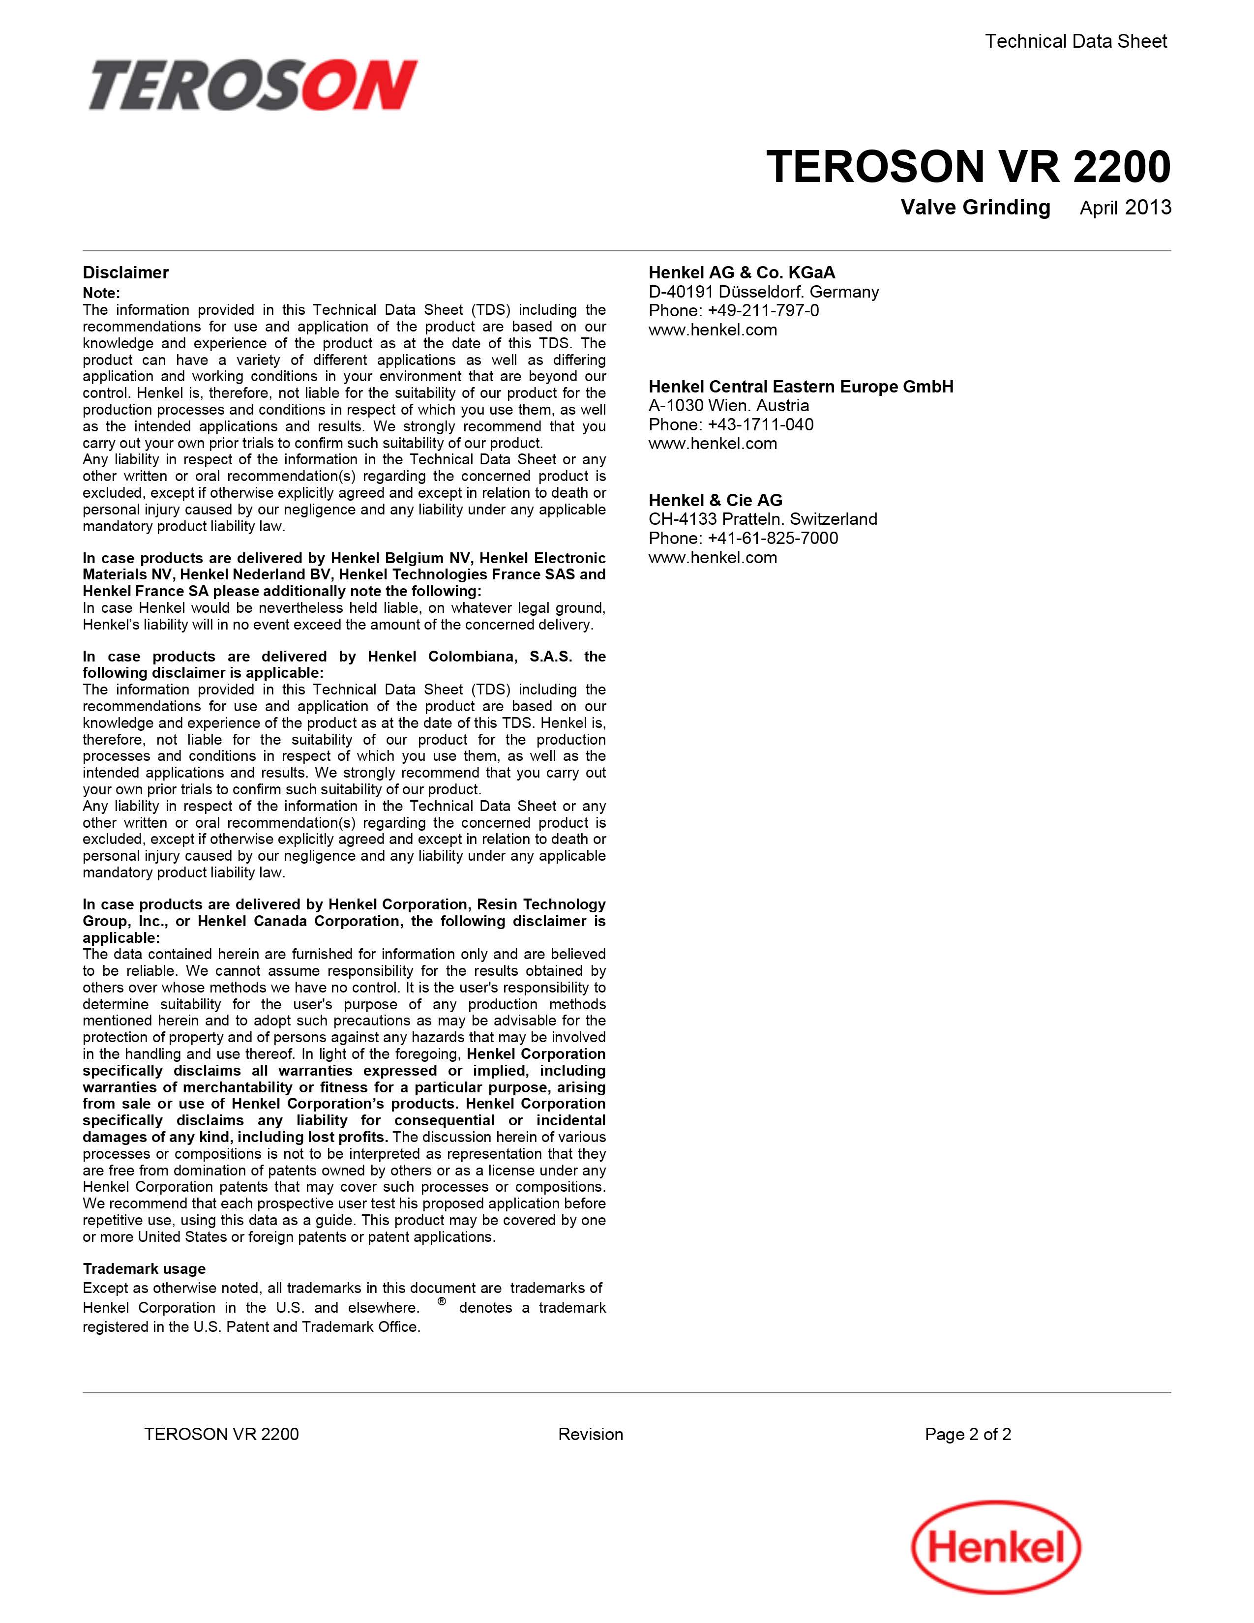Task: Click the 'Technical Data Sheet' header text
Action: (1075, 42)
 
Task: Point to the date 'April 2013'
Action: (1125, 208)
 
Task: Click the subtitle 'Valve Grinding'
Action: (976, 208)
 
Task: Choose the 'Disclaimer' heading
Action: (125, 273)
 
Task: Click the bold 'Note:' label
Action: (101, 293)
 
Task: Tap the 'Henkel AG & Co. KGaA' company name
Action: (742, 273)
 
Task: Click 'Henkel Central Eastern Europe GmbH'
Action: (801, 387)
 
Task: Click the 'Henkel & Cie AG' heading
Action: (715, 500)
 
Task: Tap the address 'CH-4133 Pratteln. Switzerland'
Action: (762, 519)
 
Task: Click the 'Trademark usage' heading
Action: (144, 1268)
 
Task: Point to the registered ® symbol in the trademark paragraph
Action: (441, 1301)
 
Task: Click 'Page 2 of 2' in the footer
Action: (967, 1434)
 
